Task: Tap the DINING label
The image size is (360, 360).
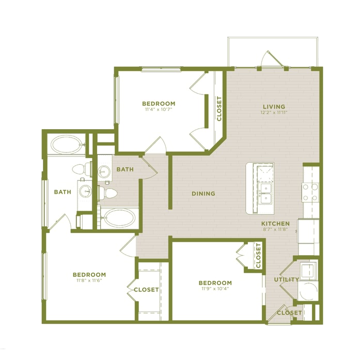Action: coord(203,194)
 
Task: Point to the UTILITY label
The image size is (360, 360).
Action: coord(287,279)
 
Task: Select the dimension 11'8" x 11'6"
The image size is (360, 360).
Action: coord(89,281)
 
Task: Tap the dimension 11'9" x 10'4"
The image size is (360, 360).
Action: coord(215,289)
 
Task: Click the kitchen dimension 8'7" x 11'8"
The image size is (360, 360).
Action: coord(275,230)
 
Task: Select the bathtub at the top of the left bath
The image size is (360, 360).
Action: coord(66,144)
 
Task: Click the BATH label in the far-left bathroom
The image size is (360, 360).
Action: coord(62,192)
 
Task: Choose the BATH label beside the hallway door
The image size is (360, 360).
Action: coord(125,169)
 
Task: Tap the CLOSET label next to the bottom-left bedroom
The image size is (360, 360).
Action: coord(146,290)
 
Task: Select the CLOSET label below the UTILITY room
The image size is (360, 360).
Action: coord(289,312)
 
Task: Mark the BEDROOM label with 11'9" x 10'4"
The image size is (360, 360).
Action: coord(215,283)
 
